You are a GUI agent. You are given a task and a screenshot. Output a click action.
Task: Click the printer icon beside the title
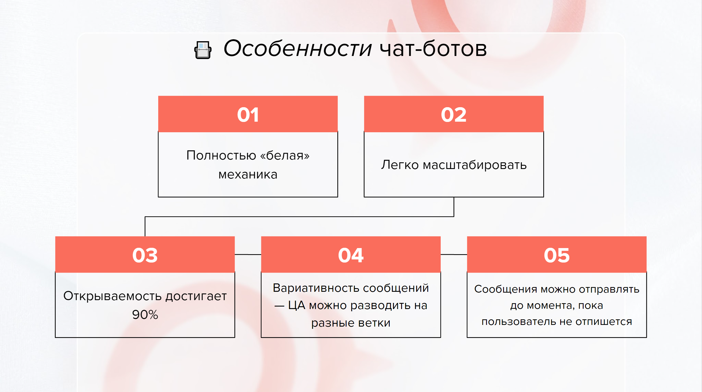(x=203, y=50)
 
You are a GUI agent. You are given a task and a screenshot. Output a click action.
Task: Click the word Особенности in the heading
(x=298, y=49)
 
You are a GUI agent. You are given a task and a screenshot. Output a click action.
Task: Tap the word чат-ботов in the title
(x=433, y=49)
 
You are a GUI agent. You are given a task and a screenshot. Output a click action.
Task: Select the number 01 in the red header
(x=248, y=115)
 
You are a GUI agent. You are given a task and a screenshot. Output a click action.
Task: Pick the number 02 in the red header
(x=454, y=115)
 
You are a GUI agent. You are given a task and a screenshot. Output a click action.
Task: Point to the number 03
(x=145, y=255)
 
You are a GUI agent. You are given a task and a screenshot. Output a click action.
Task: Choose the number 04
(x=351, y=255)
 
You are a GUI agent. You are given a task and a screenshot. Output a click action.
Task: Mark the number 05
(x=557, y=255)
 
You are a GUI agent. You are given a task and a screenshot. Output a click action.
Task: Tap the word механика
(x=248, y=175)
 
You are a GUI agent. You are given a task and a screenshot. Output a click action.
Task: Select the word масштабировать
(x=475, y=165)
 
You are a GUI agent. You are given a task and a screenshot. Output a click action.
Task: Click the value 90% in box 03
(x=145, y=315)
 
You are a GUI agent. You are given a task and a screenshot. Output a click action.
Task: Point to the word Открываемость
(x=113, y=296)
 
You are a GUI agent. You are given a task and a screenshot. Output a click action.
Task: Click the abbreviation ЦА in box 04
(x=297, y=305)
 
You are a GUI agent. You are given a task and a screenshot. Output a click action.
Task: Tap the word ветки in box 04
(x=374, y=323)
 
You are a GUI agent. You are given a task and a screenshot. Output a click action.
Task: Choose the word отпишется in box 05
(x=604, y=322)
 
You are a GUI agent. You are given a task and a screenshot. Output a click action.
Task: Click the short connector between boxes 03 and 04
(x=248, y=254)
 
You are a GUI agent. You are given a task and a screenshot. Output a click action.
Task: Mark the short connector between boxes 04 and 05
(x=454, y=254)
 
